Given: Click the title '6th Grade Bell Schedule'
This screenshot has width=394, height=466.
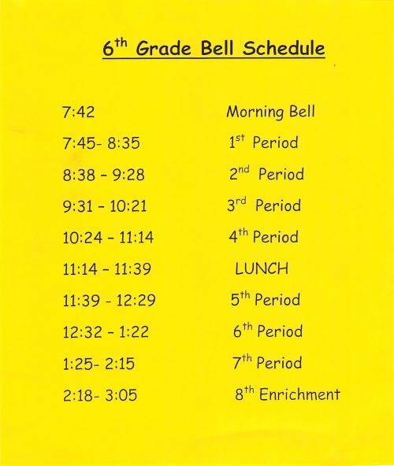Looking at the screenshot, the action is [x=214, y=48].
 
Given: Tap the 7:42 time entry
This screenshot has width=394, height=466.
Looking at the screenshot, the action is [x=78, y=112].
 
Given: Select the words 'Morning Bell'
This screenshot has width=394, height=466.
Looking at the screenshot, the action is [x=270, y=112].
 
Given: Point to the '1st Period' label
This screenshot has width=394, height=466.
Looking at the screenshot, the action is [x=263, y=143].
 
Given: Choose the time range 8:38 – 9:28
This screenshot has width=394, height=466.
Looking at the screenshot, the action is [x=103, y=176].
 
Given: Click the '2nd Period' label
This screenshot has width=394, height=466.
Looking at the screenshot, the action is [x=266, y=175].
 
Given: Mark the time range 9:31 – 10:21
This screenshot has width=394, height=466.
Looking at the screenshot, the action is [x=104, y=207].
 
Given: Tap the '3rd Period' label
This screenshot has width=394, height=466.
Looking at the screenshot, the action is [x=263, y=206].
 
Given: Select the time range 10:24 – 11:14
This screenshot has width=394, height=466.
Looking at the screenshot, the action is [x=109, y=238].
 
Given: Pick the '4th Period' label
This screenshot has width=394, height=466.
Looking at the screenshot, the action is [x=263, y=237].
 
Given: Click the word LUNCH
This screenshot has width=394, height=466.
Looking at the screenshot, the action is [x=262, y=269].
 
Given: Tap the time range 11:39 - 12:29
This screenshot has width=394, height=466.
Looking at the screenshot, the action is [x=108, y=301].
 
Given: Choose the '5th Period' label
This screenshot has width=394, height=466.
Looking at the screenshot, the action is [x=265, y=300].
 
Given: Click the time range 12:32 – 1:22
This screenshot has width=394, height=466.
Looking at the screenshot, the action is [x=106, y=332].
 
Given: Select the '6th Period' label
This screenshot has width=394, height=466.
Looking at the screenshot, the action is [x=267, y=331].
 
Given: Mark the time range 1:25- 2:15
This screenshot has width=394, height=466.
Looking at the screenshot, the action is [x=99, y=364].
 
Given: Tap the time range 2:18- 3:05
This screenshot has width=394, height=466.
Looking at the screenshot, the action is [x=99, y=395].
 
